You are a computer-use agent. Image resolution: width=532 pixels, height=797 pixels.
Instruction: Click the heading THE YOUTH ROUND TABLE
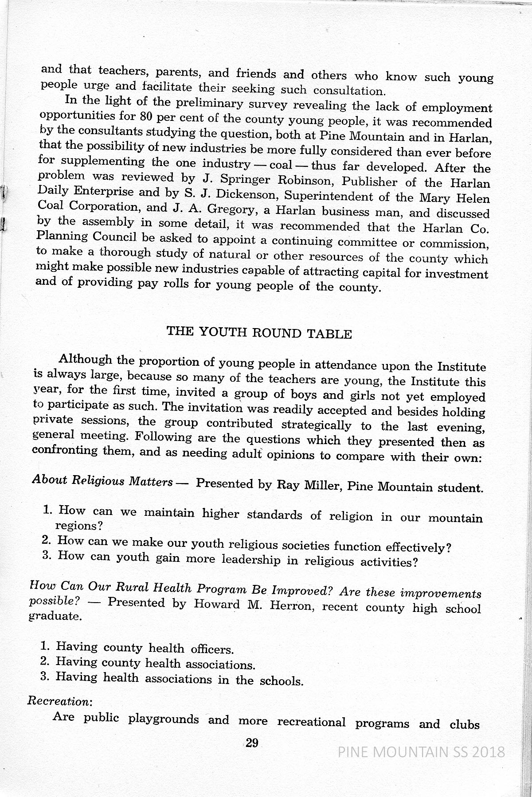pos(259,333)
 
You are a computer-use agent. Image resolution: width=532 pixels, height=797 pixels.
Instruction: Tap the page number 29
pos(252,743)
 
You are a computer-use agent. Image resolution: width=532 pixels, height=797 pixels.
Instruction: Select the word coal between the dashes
pos(281,165)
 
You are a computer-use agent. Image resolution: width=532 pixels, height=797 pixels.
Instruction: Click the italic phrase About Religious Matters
pos(102,481)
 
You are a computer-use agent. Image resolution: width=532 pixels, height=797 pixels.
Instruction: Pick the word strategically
pos(316,425)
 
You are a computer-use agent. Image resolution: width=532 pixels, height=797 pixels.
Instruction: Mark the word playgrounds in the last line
pos(164,718)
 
